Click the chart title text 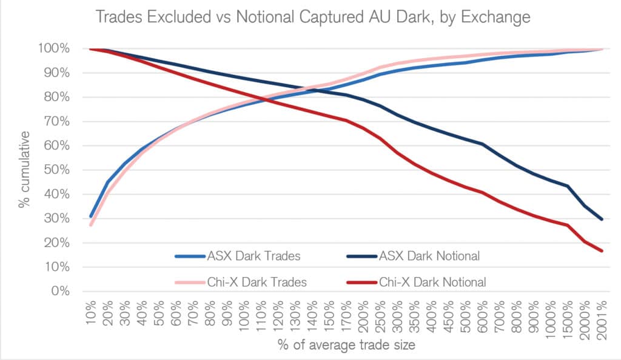(x=312, y=18)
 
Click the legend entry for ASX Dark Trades (x=237, y=256)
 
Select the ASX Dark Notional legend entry (x=429, y=256)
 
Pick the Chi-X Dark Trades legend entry (x=239, y=281)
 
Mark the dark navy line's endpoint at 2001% (x=602, y=219)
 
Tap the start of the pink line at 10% (x=91, y=225)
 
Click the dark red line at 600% (x=482, y=193)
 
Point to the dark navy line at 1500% (x=568, y=186)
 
